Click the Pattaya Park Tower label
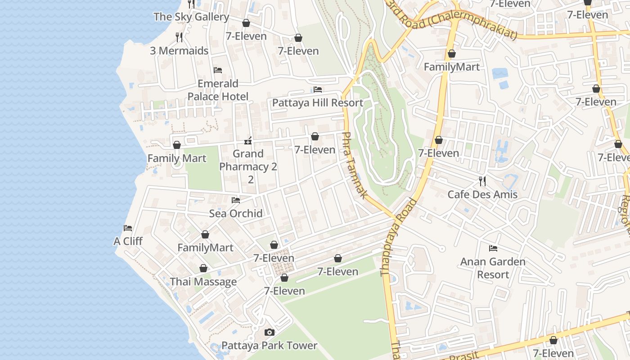pos(269,346)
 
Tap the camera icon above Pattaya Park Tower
pos(270,333)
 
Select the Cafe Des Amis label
pos(482,194)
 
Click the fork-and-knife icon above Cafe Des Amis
pos(482,181)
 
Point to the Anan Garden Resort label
pos(493,268)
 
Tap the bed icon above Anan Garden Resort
pos(493,248)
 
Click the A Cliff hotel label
pos(128,241)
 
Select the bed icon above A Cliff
pos(128,228)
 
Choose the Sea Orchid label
pos(236,213)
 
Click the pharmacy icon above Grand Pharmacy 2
pos(247,141)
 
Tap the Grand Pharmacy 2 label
pos(248,166)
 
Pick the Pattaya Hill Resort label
pos(318,103)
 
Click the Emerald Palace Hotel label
pos(218,90)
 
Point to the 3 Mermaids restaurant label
pos(179,50)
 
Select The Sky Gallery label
pos(191,17)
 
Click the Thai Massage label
pos(203,282)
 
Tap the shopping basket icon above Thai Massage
pos(203,269)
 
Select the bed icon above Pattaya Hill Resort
pos(318,90)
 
